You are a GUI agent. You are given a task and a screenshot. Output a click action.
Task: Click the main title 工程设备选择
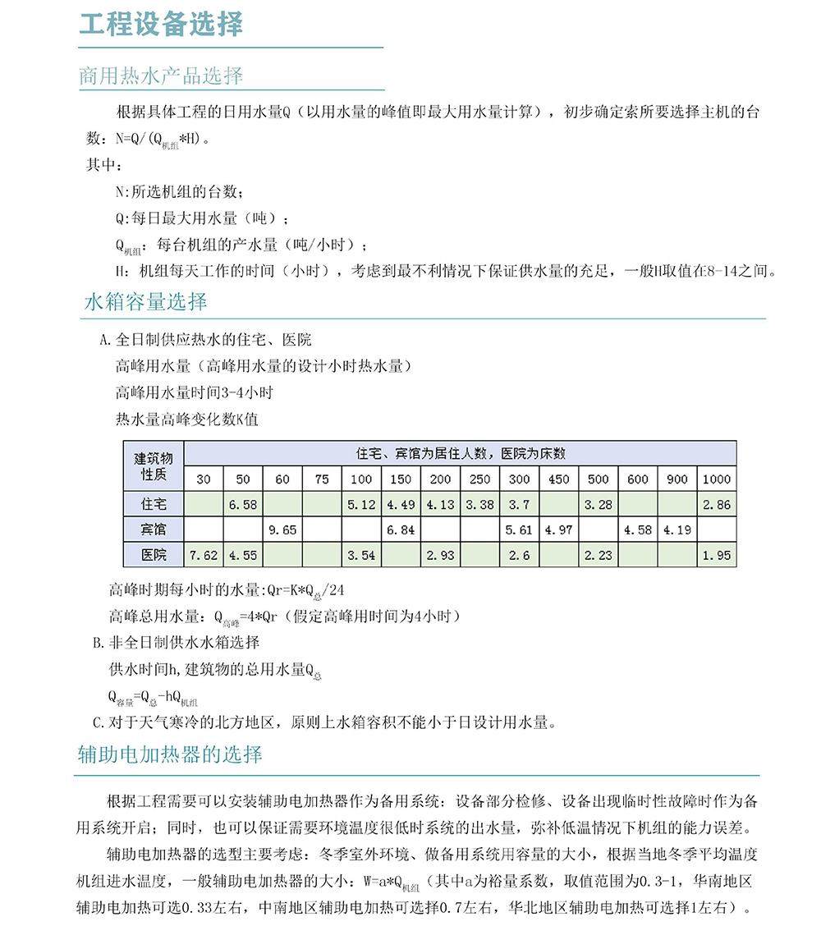click(x=161, y=24)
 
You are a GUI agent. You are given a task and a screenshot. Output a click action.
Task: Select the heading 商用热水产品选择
click(x=161, y=76)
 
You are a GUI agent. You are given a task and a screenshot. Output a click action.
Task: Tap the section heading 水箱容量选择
click(x=146, y=301)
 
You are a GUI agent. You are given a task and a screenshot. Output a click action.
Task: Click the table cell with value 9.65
click(x=282, y=529)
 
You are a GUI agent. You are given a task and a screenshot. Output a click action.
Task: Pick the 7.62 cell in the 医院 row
click(x=204, y=555)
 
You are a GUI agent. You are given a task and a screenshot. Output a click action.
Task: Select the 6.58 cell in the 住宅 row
click(x=243, y=504)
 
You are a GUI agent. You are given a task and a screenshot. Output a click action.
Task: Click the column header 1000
click(x=717, y=479)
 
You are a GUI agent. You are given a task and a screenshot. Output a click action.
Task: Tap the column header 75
click(x=322, y=479)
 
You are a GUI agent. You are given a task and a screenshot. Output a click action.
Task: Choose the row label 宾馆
click(x=154, y=529)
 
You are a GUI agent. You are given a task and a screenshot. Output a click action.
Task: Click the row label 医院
click(x=154, y=555)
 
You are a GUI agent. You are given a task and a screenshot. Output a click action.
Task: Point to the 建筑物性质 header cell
click(x=154, y=466)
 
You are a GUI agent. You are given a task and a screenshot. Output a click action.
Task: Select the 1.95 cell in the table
click(x=717, y=555)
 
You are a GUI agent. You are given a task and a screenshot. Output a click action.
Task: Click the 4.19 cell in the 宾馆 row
click(x=677, y=529)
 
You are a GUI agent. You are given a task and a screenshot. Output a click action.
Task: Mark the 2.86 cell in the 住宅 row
click(x=717, y=504)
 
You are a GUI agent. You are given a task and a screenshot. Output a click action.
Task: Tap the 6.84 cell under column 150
click(x=401, y=529)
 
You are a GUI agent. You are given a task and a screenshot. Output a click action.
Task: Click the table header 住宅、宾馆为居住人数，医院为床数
click(x=460, y=454)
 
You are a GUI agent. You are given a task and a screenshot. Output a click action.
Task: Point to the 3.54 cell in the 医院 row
click(x=361, y=555)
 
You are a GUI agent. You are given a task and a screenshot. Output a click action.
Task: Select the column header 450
click(x=558, y=479)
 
